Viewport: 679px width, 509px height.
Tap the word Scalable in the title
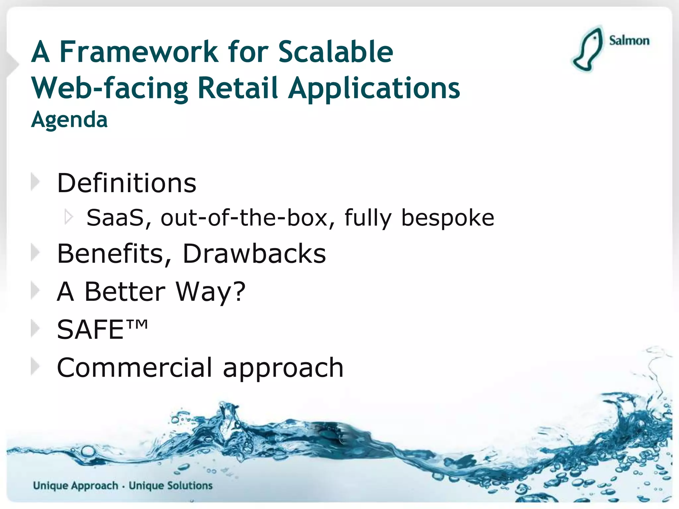(x=336, y=52)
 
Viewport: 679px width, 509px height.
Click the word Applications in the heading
(x=374, y=88)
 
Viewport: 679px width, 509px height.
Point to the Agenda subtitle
(x=69, y=120)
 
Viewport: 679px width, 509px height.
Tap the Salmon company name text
(x=629, y=41)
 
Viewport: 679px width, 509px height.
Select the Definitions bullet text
(x=127, y=183)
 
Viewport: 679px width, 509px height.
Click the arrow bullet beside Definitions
(x=35, y=182)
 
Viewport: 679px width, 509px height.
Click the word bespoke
(x=448, y=218)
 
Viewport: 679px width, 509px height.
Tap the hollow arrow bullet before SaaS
(x=69, y=217)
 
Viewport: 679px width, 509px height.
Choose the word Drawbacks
(x=254, y=254)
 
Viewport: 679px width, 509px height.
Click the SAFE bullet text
(x=90, y=329)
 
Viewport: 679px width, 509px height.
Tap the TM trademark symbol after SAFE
(x=137, y=324)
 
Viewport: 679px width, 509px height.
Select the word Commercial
(x=134, y=368)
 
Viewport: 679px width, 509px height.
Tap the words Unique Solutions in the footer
(x=170, y=485)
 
